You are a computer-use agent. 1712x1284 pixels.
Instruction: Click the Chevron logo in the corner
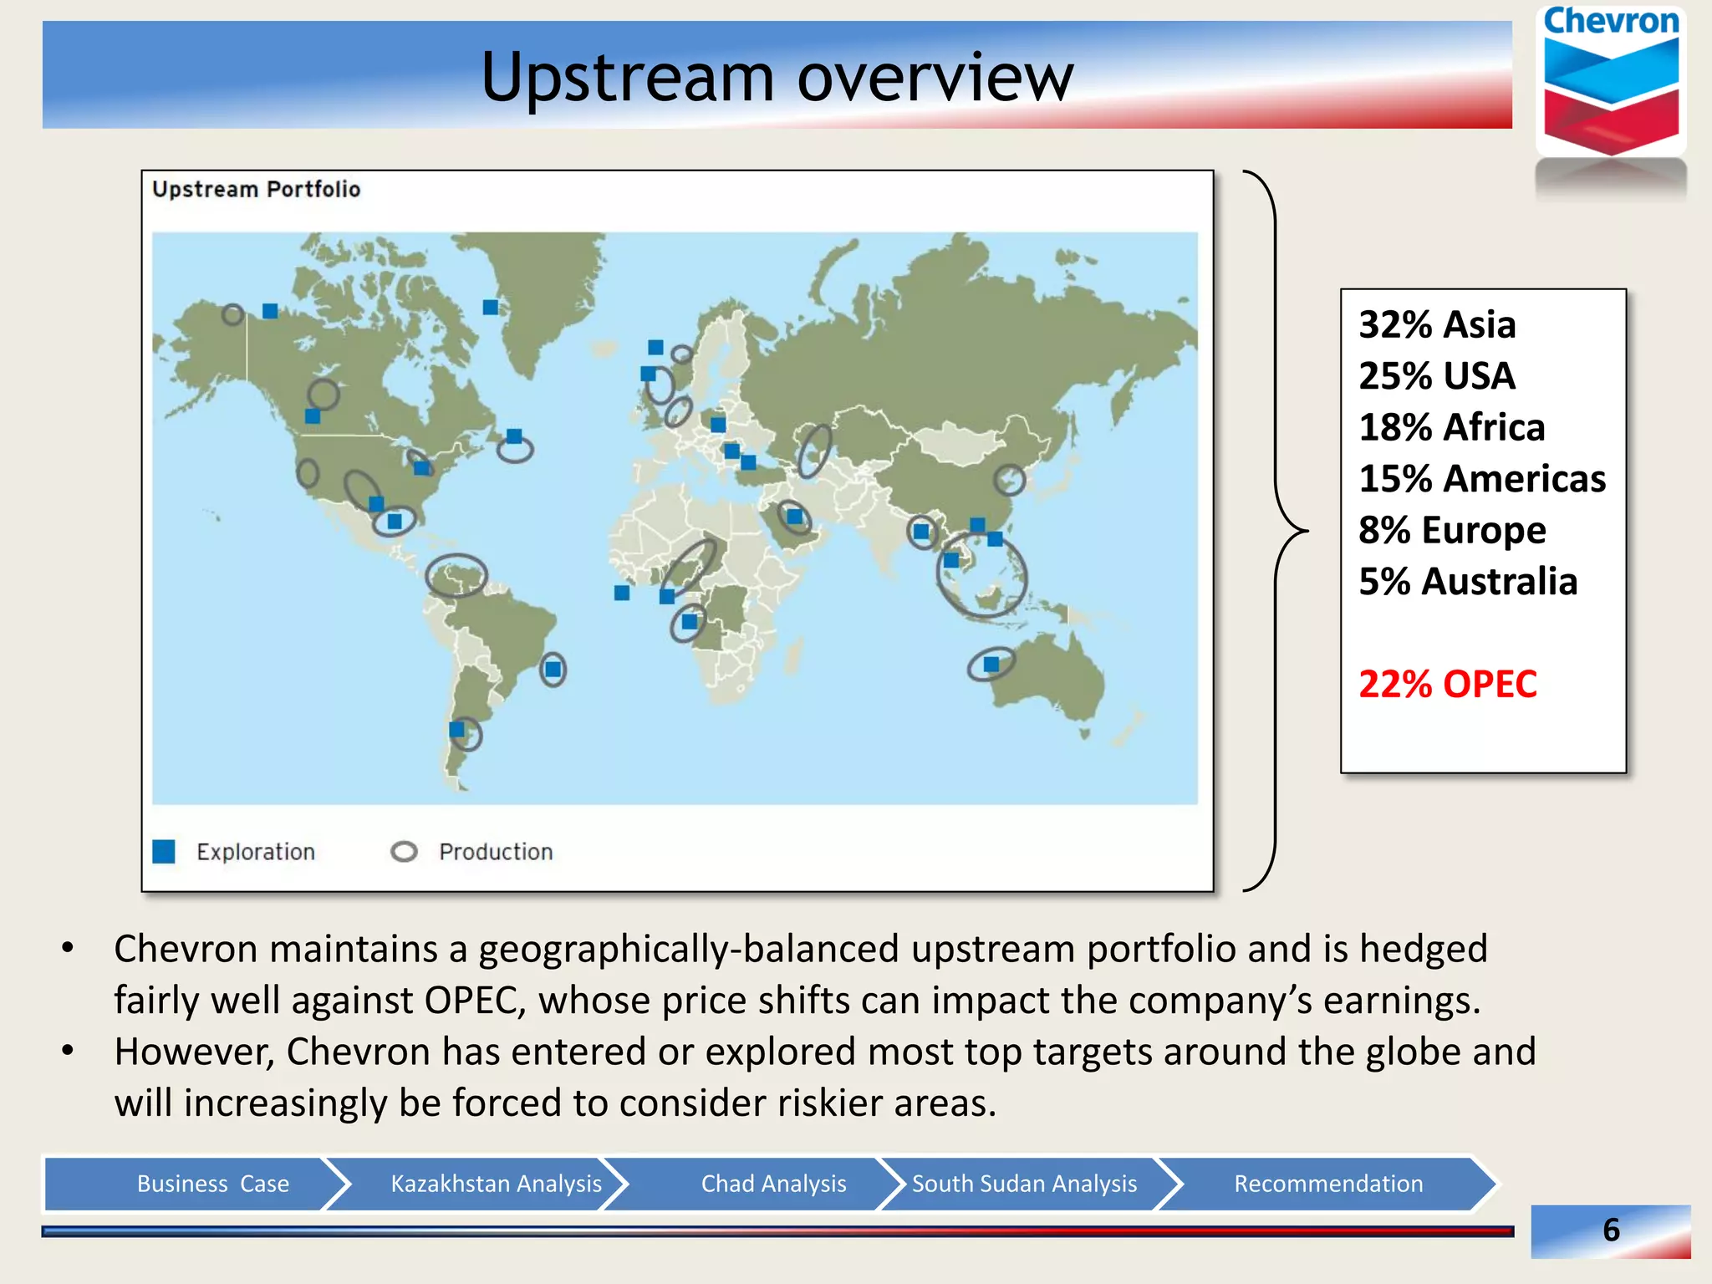click(x=1611, y=84)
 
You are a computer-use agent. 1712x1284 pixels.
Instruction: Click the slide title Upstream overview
click(x=777, y=77)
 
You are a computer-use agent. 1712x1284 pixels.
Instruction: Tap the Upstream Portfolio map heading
click(x=256, y=190)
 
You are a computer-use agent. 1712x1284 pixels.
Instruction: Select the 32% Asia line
click(x=1436, y=324)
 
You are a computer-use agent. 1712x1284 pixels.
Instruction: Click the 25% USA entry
click(x=1436, y=376)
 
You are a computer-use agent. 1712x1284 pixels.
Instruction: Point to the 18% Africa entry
click(x=1451, y=427)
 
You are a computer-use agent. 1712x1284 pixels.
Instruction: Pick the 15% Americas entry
click(x=1481, y=479)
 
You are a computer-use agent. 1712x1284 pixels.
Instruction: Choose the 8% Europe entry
click(x=1451, y=530)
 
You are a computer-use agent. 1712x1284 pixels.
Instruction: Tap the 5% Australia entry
click(x=1467, y=582)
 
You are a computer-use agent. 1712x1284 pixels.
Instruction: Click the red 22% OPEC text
click(x=1447, y=684)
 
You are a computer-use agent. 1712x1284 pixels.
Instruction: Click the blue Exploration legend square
click(x=164, y=852)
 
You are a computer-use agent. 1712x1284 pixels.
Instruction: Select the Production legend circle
click(x=404, y=852)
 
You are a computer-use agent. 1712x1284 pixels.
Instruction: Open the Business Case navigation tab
click(x=212, y=1184)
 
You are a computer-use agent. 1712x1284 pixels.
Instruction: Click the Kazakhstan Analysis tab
click(x=496, y=1184)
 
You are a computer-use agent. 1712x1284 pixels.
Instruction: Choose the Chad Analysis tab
click(x=773, y=1184)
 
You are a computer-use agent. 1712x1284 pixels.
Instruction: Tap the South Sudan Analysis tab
click(x=1024, y=1184)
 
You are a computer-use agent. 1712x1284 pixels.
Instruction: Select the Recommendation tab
click(x=1327, y=1184)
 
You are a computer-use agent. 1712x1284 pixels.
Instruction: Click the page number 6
click(x=1611, y=1230)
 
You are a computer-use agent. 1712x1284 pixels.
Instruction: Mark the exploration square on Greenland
click(x=491, y=307)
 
